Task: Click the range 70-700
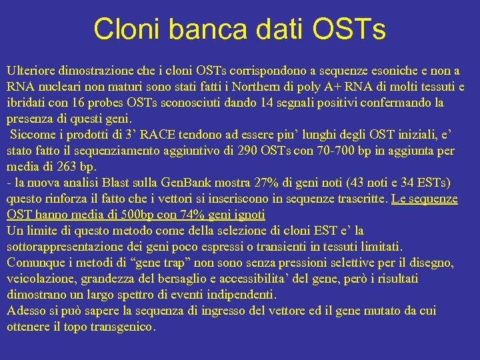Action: (337, 151)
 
